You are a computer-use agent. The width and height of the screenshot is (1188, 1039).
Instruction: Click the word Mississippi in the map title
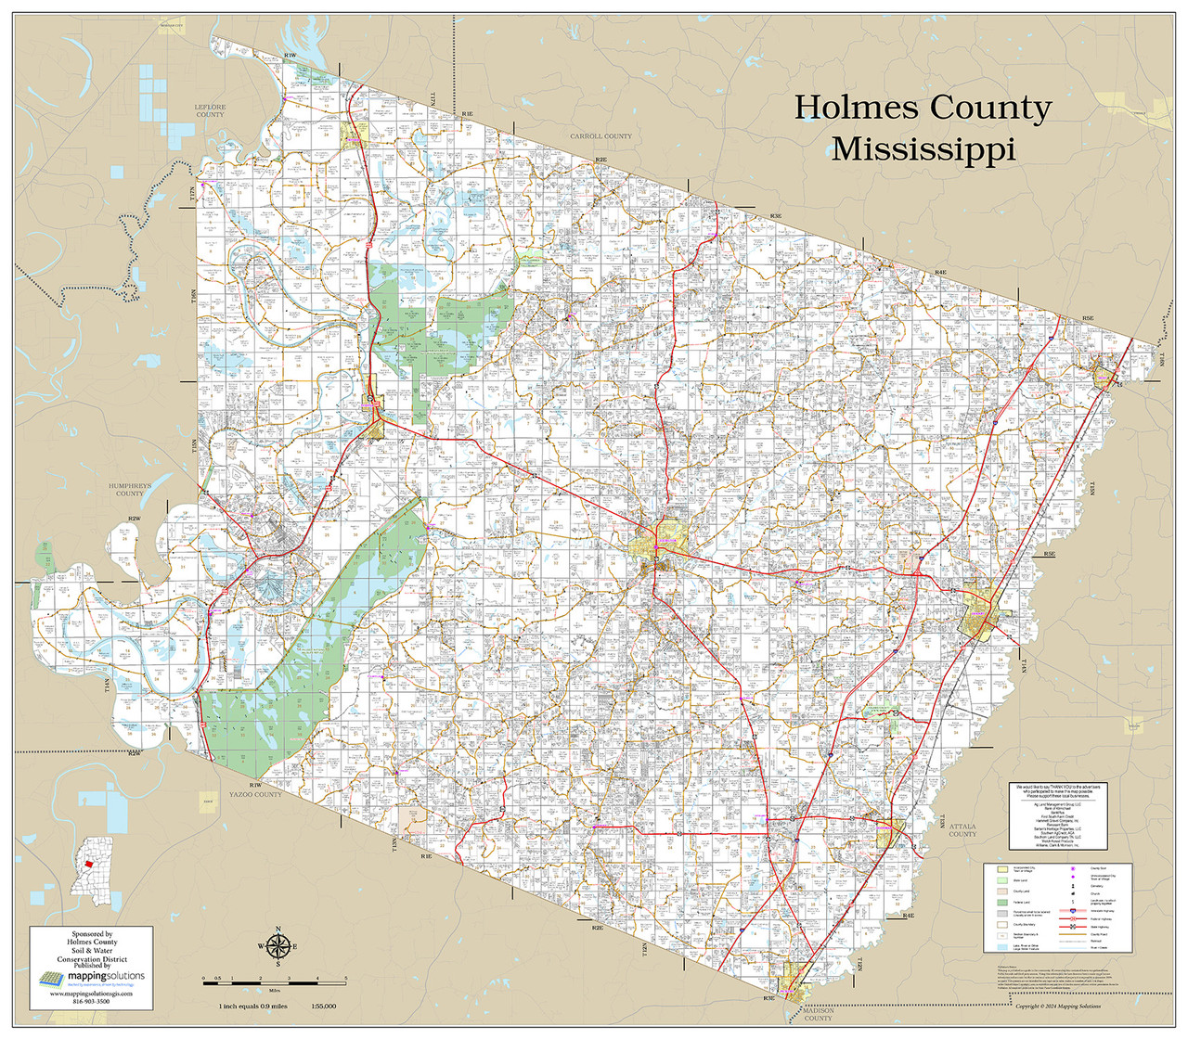[923, 149]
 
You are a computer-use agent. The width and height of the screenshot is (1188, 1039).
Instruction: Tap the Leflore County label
[210, 110]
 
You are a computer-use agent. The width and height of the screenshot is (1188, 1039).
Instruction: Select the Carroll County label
[600, 136]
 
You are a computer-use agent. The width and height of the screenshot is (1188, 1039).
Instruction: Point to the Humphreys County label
[129, 489]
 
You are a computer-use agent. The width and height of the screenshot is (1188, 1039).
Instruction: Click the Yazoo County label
[255, 795]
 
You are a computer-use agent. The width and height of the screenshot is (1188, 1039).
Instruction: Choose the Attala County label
[962, 829]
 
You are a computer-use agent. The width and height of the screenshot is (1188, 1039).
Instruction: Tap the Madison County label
[818, 1014]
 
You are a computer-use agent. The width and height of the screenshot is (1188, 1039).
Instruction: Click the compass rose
[278, 946]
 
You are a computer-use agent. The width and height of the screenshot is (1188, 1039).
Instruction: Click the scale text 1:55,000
[324, 1007]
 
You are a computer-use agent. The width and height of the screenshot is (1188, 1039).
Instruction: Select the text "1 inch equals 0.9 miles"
[252, 1007]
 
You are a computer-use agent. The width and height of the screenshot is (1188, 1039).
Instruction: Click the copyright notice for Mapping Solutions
[1058, 1006]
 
